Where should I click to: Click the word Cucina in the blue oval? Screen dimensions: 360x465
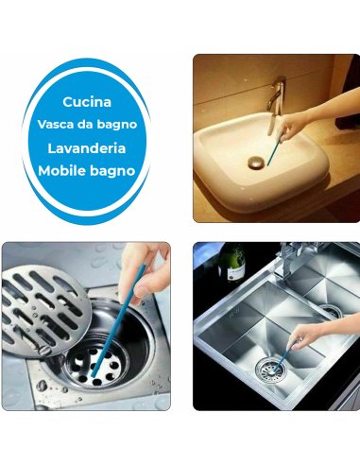pyautogui.click(x=87, y=102)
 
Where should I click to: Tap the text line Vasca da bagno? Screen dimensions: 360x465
pyautogui.click(x=87, y=125)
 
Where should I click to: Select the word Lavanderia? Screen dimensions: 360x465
pyautogui.click(x=87, y=148)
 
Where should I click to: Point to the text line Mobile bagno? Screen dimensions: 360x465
pyautogui.click(x=87, y=171)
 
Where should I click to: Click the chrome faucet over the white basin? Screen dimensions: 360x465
pyautogui.click(x=276, y=101)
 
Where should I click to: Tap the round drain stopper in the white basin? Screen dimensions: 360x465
pyautogui.click(x=255, y=163)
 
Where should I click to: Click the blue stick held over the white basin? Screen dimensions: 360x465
pyautogui.click(x=275, y=148)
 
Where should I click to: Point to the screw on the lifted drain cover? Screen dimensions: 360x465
pyautogui.click(x=45, y=351)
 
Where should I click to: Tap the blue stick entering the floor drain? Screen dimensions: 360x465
pyautogui.click(x=118, y=320)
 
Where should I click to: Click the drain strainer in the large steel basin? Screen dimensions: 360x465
pyautogui.click(x=271, y=370)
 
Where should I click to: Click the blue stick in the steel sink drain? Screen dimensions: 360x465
pyautogui.click(x=284, y=356)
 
